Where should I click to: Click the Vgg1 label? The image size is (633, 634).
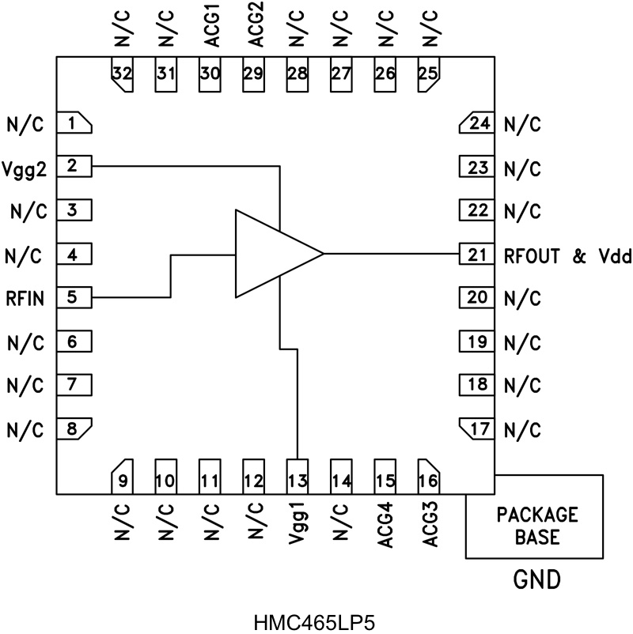coord(298,520)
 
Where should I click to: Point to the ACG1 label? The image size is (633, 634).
coord(210,31)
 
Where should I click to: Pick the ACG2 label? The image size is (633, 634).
coord(254,31)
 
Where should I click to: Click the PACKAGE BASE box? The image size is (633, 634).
coord(536,525)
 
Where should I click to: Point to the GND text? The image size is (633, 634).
coord(536,581)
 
